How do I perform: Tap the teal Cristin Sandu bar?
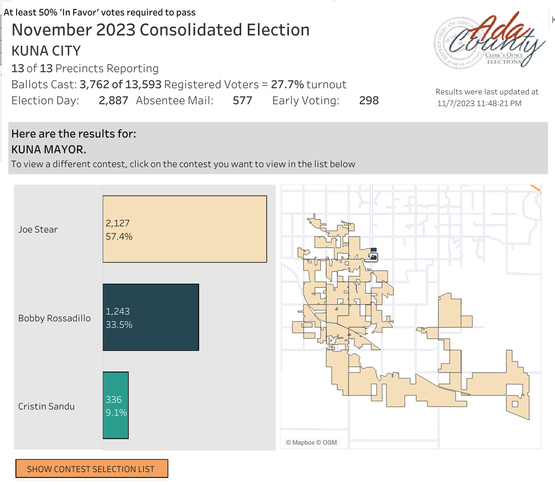pyautogui.click(x=116, y=406)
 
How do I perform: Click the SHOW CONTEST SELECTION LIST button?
pyautogui.click(x=92, y=469)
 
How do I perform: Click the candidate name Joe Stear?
pyautogui.click(x=38, y=230)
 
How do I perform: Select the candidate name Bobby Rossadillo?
pyautogui.click(x=55, y=319)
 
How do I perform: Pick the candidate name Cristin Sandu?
pyautogui.click(x=46, y=406)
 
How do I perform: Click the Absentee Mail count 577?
pyautogui.click(x=242, y=101)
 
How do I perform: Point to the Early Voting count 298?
pyautogui.click(x=369, y=101)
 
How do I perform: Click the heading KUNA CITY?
pyautogui.click(x=46, y=51)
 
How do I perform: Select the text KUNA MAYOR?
pyautogui.click(x=49, y=149)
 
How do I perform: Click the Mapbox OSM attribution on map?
pyautogui.click(x=311, y=443)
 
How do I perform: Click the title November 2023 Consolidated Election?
pyautogui.click(x=160, y=30)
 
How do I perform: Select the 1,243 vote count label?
pyautogui.click(x=118, y=311)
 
